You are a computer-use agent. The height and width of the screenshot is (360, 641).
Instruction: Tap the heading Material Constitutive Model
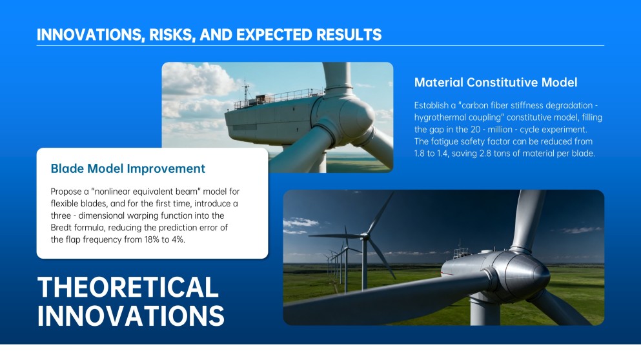496,83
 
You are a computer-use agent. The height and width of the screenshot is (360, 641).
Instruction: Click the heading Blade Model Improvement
128,168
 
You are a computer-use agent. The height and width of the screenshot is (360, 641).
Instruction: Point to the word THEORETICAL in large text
128,287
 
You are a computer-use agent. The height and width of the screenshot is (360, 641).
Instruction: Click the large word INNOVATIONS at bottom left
131,315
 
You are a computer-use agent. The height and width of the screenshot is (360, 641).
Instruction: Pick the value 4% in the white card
178,239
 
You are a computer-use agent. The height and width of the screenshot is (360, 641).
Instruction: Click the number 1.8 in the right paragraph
420,154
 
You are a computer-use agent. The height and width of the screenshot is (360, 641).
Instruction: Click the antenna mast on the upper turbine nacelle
246,91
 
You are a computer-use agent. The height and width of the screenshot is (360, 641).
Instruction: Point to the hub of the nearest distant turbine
363,235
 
